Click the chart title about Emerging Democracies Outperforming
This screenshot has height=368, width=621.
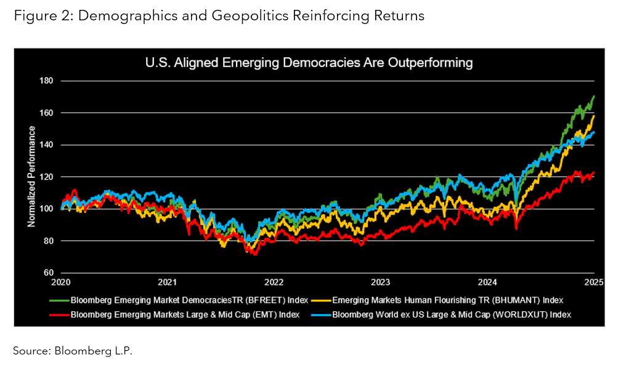[x=308, y=62]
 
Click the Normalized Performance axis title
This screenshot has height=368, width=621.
[x=31, y=177]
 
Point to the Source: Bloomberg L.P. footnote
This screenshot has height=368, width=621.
[x=73, y=351]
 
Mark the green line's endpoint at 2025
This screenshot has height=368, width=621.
[x=593, y=96]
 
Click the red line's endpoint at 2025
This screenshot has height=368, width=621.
[x=593, y=173]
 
